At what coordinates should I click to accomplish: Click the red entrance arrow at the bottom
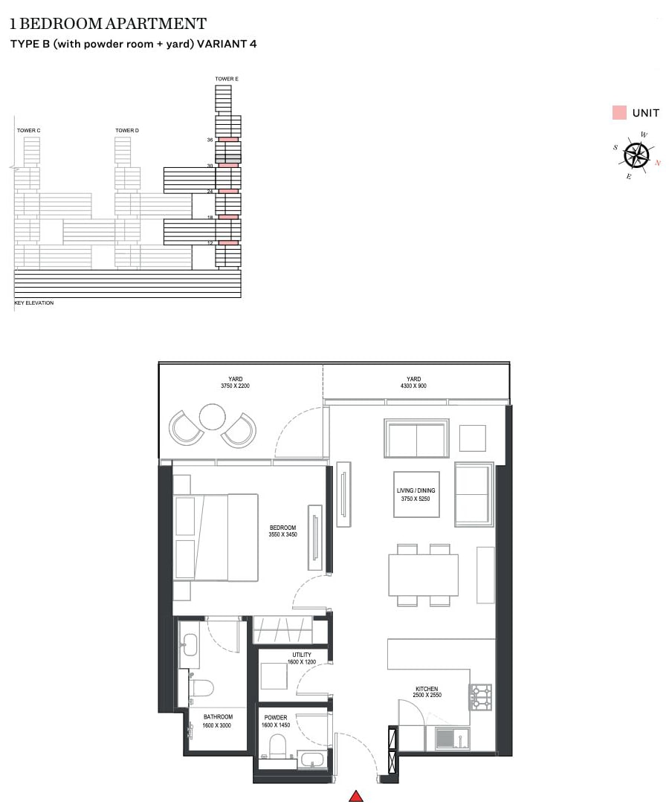click(356, 796)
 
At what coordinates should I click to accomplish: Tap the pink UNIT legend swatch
click(618, 113)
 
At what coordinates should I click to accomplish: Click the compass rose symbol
click(636, 155)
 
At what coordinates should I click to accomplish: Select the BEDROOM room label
click(283, 528)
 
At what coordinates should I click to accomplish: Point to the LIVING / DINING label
click(416, 490)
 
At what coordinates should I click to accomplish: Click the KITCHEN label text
click(427, 689)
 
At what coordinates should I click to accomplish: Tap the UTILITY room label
click(302, 655)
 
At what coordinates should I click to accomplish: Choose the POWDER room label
click(275, 718)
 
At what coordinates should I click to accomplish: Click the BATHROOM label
click(218, 717)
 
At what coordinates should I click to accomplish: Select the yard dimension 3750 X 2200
click(236, 386)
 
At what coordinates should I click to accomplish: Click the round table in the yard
click(213, 417)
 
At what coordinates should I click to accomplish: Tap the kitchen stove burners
click(480, 696)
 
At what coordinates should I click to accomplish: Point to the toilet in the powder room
click(278, 745)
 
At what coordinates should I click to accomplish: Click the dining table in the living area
click(422, 574)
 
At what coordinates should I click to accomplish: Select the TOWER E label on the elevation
click(227, 79)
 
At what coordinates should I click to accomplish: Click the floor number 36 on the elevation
click(210, 140)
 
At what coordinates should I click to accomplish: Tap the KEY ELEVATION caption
click(34, 303)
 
